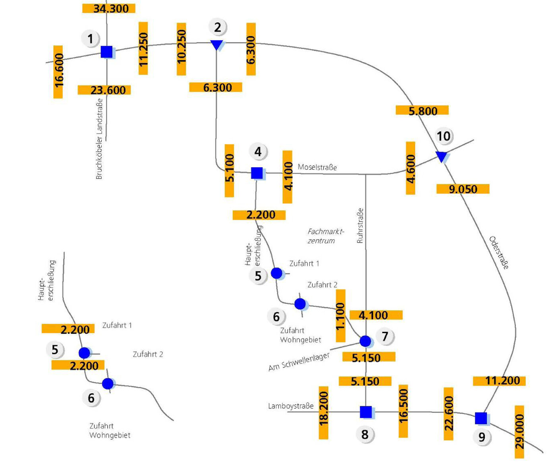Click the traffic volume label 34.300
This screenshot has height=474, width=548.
109,8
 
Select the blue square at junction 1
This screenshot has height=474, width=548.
106,52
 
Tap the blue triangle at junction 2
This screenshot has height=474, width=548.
217,44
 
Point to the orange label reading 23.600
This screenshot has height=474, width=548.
104,90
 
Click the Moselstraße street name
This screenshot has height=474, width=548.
317,167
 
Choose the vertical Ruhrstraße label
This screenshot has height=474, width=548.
360,225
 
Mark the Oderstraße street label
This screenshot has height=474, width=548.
499,253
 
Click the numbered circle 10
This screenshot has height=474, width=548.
444,136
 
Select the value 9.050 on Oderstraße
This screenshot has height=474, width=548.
463,189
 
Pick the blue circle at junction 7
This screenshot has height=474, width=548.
365,341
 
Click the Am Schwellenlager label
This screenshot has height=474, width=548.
299,362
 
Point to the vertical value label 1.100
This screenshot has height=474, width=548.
340,315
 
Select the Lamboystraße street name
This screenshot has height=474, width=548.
291,406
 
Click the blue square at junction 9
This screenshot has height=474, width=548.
481,418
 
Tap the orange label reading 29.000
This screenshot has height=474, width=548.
519,431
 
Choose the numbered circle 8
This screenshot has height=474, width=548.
365,434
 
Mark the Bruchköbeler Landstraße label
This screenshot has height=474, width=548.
99,139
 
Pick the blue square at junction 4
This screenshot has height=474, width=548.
257,173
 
